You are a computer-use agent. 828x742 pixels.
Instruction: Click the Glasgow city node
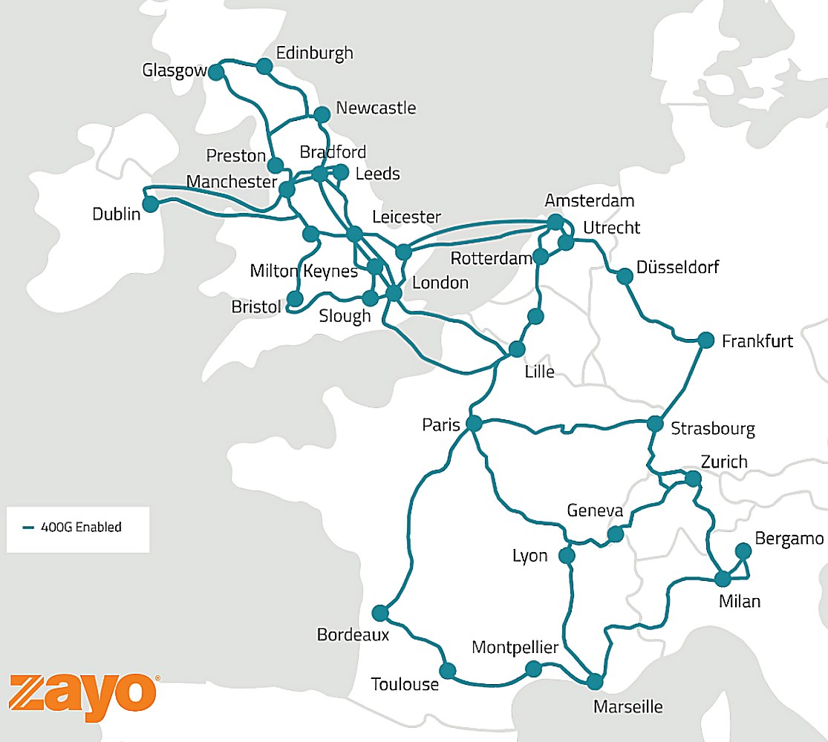[x=216, y=72]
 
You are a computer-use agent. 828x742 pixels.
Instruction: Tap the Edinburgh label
[x=314, y=53]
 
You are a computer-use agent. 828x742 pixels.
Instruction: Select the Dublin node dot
[x=151, y=204]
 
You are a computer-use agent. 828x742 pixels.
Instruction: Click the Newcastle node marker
[x=322, y=114]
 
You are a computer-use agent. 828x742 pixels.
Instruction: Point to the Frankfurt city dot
[x=706, y=340]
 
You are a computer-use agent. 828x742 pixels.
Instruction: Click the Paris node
[x=473, y=424]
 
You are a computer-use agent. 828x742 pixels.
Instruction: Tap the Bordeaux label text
[x=353, y=635]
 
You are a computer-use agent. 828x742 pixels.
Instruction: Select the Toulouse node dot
[x=447, y=671]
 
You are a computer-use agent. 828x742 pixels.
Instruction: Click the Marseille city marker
[x=595, y=681]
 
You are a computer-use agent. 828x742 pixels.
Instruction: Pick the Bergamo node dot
[x=743, y=551]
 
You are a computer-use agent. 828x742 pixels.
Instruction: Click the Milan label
[x=740, y=601]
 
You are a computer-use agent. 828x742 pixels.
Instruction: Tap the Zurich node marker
[x=693, y=479]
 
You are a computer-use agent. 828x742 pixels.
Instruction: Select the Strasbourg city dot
[x=655, y=424]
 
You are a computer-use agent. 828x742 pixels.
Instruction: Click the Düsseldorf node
[x=625, y=276]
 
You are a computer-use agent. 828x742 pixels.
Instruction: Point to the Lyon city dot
[x=567, y=556]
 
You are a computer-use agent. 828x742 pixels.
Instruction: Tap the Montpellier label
[x=515, y=648]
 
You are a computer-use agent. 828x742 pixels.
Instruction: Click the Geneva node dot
[x=615, y=534]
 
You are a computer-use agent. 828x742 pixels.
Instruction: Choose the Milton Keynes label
[x=304, y=271]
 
